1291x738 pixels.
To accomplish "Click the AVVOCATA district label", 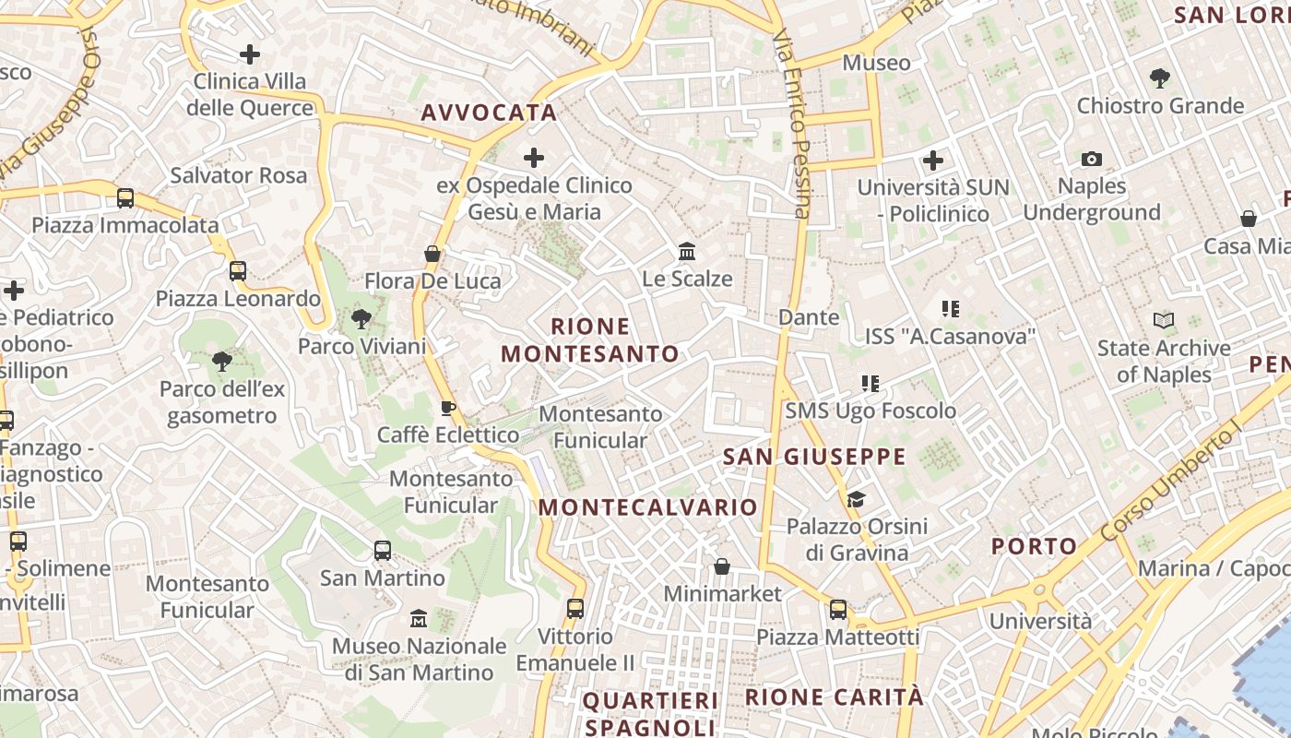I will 489,113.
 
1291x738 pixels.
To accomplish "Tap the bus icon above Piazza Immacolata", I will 125,198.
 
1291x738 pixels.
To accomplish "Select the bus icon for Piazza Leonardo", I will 238,271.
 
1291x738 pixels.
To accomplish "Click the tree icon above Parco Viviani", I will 361,320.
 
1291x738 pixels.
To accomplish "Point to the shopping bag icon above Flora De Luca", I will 432,254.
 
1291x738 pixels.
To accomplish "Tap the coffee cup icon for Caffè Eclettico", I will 448,408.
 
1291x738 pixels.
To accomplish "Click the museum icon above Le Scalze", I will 687,251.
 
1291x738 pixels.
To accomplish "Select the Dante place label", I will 809,317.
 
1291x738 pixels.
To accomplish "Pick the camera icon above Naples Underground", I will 1092,159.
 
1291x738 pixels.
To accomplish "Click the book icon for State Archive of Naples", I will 1164,321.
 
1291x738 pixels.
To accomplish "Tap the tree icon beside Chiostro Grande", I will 1160,78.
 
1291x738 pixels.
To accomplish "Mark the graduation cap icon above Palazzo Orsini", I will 857,499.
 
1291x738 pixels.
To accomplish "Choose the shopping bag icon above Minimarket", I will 722,566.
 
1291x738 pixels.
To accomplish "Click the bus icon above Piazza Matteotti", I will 837,610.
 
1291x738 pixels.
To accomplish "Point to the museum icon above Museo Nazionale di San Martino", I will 419,618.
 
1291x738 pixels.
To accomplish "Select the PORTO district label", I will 1034,546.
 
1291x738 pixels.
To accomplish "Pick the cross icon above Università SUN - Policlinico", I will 933,161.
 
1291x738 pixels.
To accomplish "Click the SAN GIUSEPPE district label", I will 814,457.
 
